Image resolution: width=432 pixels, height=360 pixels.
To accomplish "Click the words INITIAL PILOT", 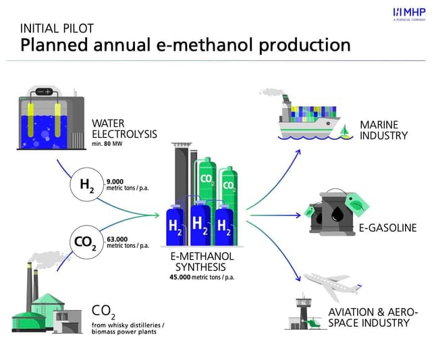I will pyautogui.click(x=57, y=28).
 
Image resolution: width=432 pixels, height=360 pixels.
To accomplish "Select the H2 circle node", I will pyautogui.click(x=87, y=185).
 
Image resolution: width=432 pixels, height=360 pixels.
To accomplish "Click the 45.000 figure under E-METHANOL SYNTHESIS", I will pyautogui.click(x=180, y=277).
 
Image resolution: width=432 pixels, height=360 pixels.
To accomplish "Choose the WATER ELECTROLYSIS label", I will pyautogui.click(x=124, y=129).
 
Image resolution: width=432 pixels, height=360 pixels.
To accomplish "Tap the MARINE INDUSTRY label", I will pyautogui.click(x=383, y=130).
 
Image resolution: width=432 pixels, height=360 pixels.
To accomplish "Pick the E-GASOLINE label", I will pyautogui.click(x=387, y=228).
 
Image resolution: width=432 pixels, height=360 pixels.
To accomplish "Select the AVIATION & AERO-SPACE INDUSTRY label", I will pyautogui.click(x=373, y=317).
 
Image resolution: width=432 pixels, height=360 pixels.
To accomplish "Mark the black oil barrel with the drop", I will pyautogui.click(x=334, y=213).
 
